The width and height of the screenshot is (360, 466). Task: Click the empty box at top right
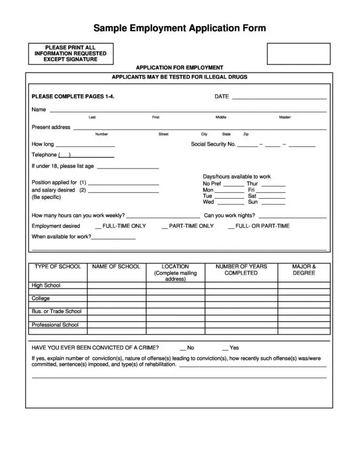point(298,53)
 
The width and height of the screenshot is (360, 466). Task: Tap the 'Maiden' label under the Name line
point(285,117)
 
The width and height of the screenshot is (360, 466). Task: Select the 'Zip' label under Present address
point(246,134)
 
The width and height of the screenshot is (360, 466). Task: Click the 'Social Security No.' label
point(213,144)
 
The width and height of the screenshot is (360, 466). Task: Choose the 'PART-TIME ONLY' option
point(165,226)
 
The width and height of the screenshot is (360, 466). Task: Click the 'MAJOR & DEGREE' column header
point(304,270)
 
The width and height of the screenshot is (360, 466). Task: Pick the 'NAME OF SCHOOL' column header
point(116,266)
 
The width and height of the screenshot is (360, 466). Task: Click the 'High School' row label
point(46,285)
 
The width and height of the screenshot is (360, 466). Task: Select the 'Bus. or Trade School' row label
point(56,311)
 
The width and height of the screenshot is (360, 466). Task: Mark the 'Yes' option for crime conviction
point(225,348)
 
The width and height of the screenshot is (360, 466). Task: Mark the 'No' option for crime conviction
point(183,348)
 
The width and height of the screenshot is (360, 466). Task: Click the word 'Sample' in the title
point(110,28)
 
